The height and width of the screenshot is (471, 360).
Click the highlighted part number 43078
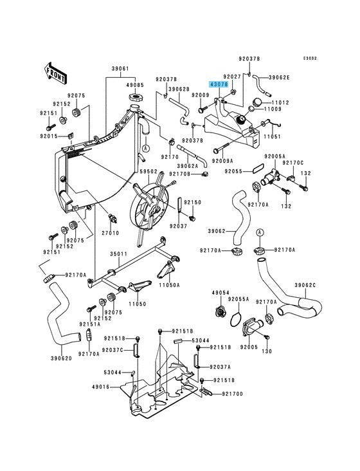coord(219,85)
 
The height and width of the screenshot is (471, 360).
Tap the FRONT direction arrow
coord(55,73)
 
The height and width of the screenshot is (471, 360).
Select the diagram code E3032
coord(310,59)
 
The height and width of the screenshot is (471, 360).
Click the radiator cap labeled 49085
coord(135,98)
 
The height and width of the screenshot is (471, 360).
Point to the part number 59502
coord(148,172)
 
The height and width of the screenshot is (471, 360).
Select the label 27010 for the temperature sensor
coord(110,233)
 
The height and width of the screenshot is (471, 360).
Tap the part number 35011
coord(118,254)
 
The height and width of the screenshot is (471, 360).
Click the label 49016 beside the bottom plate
coord(101,387)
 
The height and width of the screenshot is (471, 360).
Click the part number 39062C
coord(305,285)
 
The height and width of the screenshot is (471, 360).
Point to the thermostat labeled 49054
coord(221,311)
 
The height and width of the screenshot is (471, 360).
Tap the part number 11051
coord(272,136)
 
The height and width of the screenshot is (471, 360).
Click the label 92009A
coord(222,161)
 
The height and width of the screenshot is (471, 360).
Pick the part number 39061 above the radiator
coord(120,69)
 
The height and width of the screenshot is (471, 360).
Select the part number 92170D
coord(232,394)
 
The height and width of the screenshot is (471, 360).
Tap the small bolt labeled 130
coord(266,338)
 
